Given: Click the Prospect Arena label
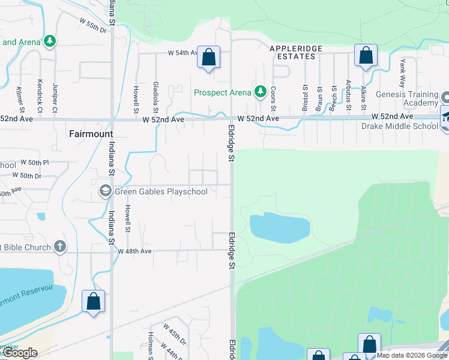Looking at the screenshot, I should pyautogui.click(x=222, y=92).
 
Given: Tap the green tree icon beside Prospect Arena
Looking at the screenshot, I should pyautogui.click(x=260, y=92).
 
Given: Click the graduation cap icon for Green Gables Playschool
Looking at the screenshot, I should pyautogui.click(x=105, y=191).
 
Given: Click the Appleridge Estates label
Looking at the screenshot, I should pyautogui.click(x=296, y=52).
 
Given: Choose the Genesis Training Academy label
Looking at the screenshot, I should pyautogui.click(x=407, y=99).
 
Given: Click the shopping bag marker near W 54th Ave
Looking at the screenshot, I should pyautogui.click(x=208, y=58).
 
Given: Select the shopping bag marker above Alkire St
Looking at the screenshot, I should pyautogui.click(x=366, y=56).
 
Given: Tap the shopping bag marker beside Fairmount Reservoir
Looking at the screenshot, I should pyautogui.click(x=94, y=302).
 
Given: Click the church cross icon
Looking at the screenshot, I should pyautogui.click(x=59, y=246).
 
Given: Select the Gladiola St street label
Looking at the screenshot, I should pyautogui.click(x=155, y=97).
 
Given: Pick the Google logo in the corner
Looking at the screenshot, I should pyautogui.click(x=20, y=353).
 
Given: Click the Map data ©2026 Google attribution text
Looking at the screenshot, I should pyautogui.click(x=412, y=355).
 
